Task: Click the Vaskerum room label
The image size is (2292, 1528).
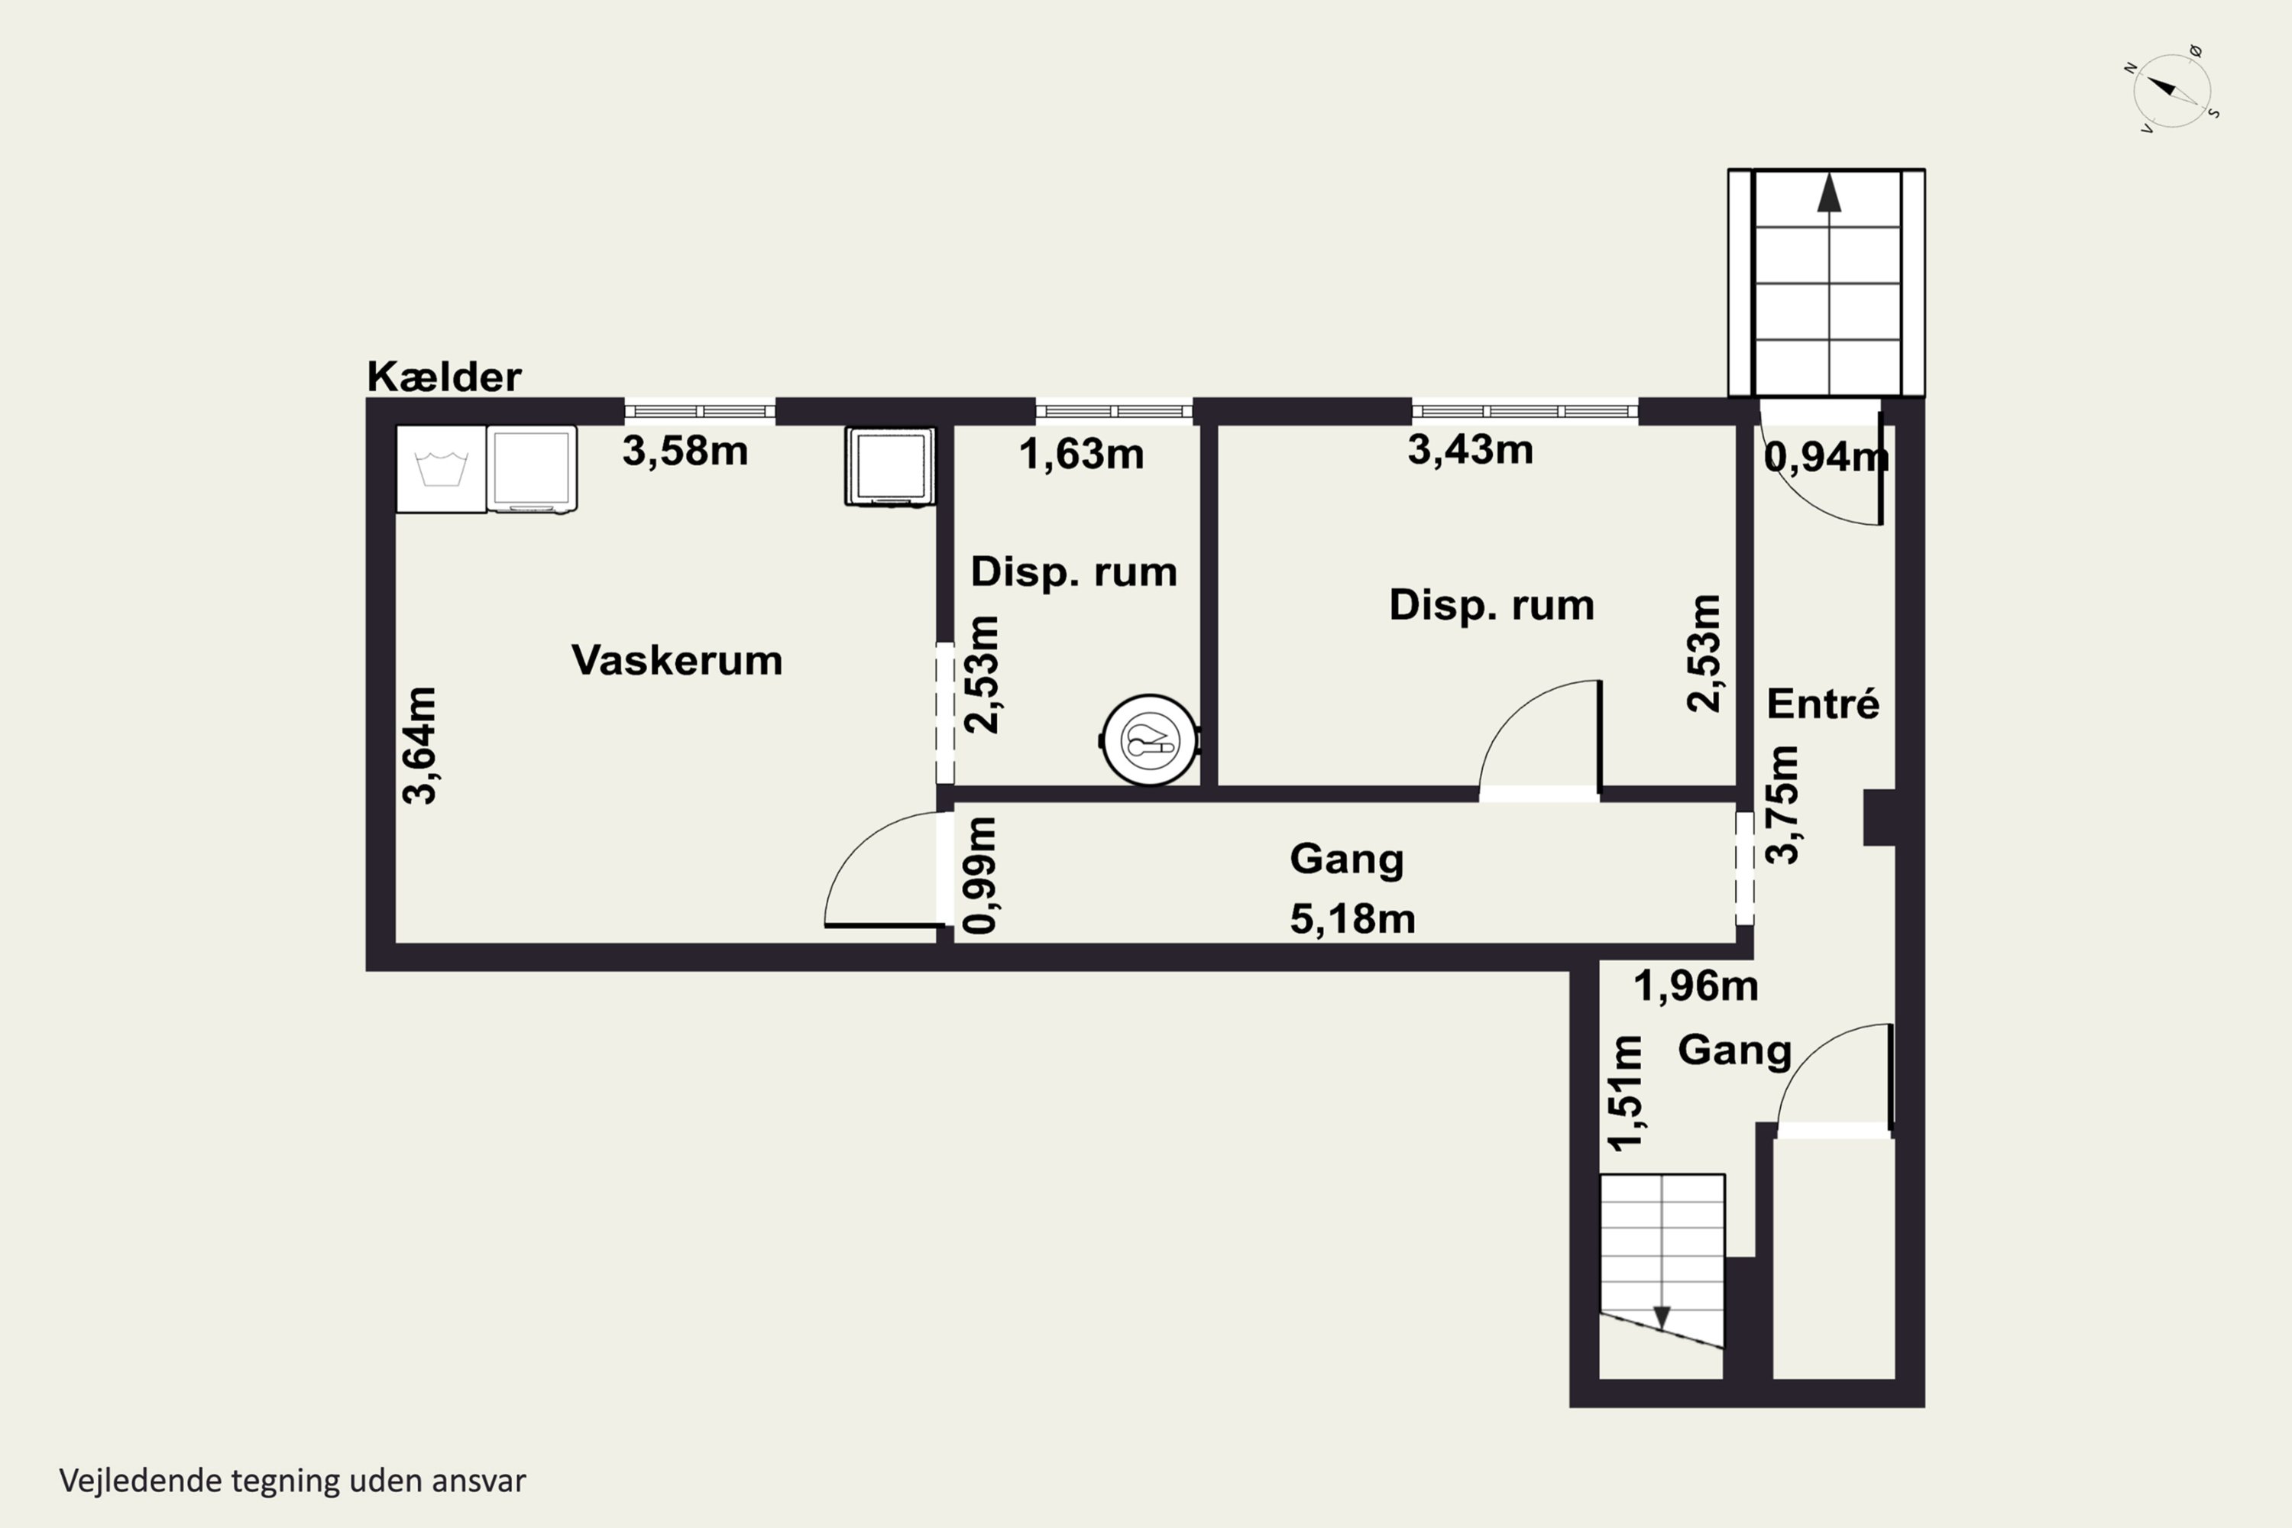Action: [x=676, y=660]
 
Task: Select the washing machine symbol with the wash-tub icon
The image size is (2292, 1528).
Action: [x=441, y=469]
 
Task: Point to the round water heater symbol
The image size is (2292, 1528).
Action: [x=1150, y=740]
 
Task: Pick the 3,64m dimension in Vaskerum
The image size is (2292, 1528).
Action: [x=420, y=746]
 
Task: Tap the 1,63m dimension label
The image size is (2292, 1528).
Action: [x=1081, y=454]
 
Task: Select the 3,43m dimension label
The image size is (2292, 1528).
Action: [x=1471, y=449]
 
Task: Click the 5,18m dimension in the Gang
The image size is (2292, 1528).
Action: [x=1352, y=918]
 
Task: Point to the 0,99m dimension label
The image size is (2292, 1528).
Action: [x=980, y=875]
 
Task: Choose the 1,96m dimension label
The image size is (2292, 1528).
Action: [x=1695, y=986]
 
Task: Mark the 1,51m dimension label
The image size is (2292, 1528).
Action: [x=1626, y=1093]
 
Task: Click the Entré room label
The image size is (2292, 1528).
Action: [x=1822, y=703]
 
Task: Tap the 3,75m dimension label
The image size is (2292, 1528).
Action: [x=1782, y=805]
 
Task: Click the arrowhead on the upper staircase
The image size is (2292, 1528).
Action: [x=1829, y=193]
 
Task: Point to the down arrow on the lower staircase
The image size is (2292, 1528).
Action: [x=1662, y=1317]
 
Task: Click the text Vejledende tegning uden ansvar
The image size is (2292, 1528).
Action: [x=293, y=1481]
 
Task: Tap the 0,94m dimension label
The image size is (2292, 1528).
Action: [x=1826, y=456]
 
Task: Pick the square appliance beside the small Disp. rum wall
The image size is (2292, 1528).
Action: [x=890, y=467]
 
